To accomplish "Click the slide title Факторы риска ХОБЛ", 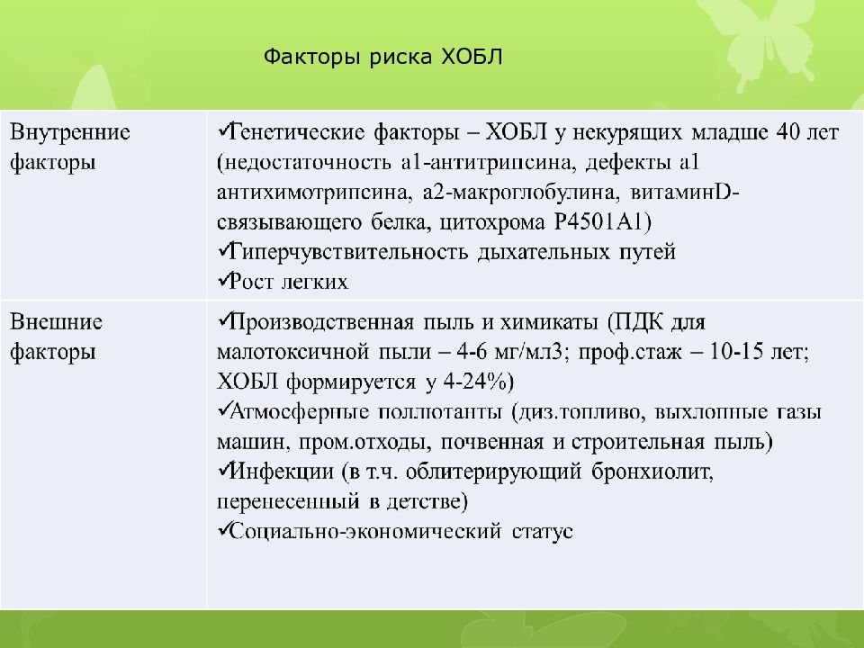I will (384, 58).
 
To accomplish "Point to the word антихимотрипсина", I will (292, 193).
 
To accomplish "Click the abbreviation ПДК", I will (636, 322).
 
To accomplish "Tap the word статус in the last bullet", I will (542, 531).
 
